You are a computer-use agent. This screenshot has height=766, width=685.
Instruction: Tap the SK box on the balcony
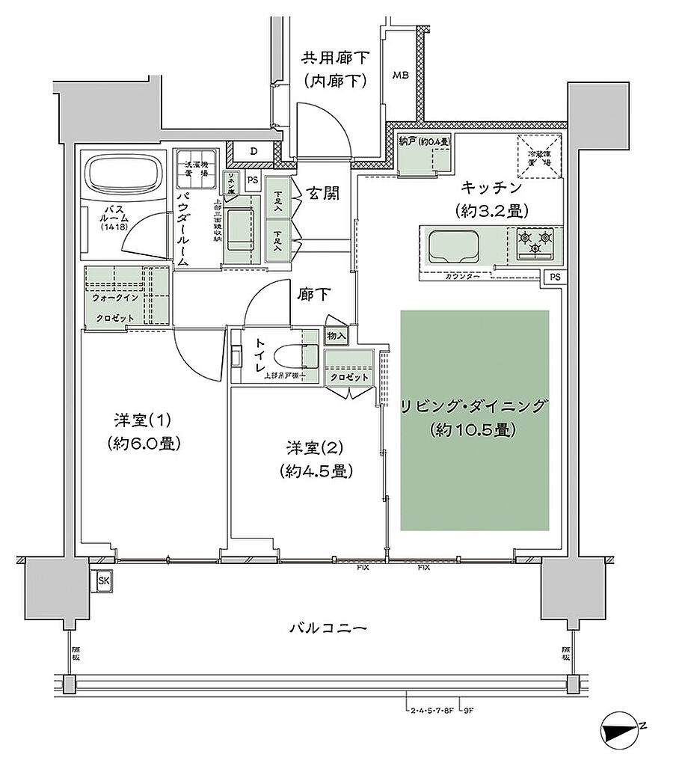pos(102,580)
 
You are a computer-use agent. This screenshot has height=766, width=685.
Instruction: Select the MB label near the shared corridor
pos(401,75)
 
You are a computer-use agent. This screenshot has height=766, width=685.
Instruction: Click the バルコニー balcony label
pos(328,628)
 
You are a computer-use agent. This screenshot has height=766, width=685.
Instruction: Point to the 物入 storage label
pos(336,336)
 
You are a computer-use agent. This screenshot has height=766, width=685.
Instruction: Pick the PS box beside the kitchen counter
pos(554,277)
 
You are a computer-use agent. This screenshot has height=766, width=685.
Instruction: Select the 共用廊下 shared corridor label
pos(334,58)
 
